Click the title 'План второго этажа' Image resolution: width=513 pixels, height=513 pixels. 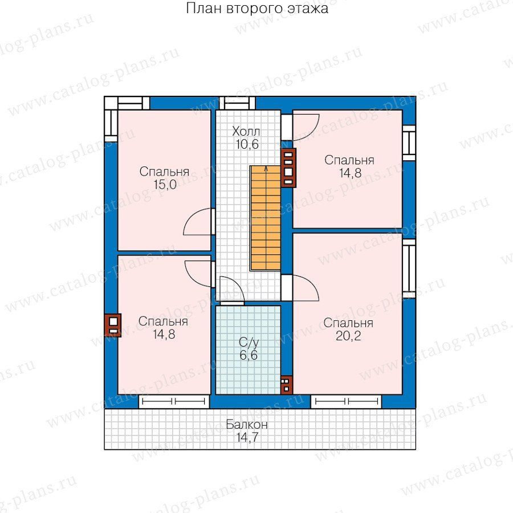(257, 9)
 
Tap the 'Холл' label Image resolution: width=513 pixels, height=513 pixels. (246, 132)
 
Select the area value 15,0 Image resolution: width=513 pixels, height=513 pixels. (165, 185)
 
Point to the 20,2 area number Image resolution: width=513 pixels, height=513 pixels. (348, 336)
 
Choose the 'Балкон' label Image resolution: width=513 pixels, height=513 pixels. (247, 424)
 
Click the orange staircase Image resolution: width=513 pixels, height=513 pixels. (266, 218)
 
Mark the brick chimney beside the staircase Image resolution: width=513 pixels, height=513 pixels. (288, 168)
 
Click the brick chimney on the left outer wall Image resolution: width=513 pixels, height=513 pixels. (113, 325)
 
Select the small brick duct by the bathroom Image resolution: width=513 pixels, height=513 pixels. (287, 385)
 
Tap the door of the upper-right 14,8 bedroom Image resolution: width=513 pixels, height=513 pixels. (306, 127)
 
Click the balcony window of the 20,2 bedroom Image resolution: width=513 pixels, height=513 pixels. (346, 401)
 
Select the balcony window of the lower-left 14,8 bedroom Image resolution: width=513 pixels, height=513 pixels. (174, 401)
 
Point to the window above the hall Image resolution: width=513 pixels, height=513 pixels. (237, 103)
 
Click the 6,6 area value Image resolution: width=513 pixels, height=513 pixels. (249, 355)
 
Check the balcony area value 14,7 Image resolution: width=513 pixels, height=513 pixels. (247, 437)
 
